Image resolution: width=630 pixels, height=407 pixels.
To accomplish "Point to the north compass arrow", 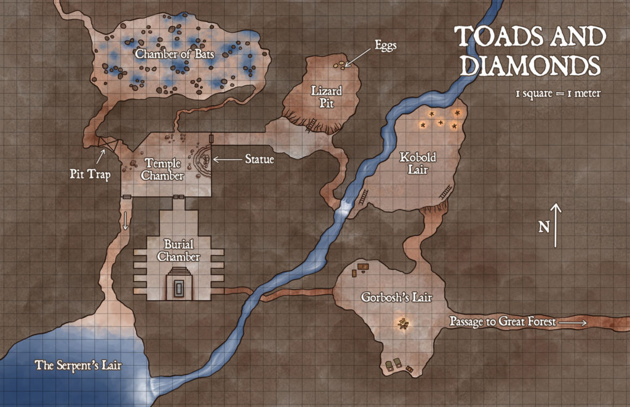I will (556, 225).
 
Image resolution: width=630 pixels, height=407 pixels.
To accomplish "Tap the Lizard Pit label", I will (326, 97).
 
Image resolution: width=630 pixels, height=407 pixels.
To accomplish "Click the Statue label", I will (259, 159).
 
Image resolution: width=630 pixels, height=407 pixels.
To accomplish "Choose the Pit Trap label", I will (90, 175).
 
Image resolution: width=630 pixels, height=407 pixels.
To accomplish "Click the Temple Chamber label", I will (162, 170).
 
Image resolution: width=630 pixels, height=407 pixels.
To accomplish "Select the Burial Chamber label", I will (178, 251).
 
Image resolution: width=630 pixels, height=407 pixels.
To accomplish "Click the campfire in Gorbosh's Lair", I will (403, 325).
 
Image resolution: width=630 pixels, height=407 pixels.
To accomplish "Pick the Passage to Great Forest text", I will (502, 321).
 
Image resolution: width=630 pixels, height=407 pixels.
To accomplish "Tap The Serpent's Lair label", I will (78, 365).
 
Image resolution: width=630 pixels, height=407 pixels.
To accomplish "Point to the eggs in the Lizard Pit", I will (338, 64).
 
